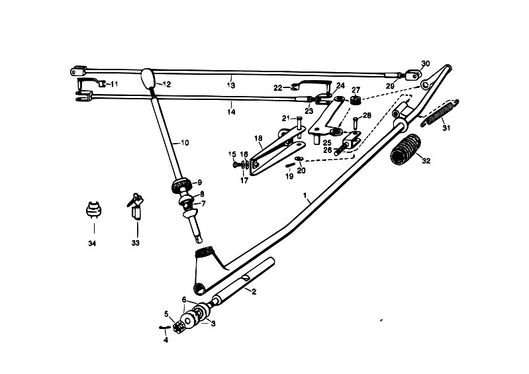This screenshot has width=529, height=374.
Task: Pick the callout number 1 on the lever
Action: (305, 197)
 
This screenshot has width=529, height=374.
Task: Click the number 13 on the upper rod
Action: (231, 85)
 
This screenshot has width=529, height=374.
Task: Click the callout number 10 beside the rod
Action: (184, 142)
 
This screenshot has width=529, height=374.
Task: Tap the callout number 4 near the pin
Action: (166, 340)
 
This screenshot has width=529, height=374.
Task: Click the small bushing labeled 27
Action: (355, 101)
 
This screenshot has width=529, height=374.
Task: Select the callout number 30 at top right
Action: (426, 64)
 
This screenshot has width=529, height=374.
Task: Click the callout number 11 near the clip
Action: (114, 84)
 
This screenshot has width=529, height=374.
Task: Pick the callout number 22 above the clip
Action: (278, 87)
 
